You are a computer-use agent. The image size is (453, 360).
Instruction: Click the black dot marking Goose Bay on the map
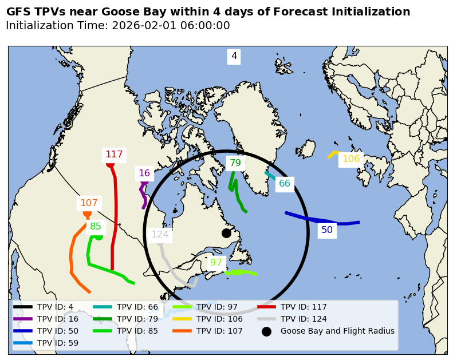point(226,233)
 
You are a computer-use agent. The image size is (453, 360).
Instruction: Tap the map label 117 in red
point(114,155)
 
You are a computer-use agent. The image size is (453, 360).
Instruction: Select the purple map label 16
point(144,173)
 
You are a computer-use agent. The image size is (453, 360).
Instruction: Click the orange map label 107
point(89,203)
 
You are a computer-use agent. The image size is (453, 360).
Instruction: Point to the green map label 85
point(96,227)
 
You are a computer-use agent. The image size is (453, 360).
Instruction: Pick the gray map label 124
point(160,234)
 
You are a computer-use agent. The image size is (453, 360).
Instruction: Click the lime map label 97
point(216,263)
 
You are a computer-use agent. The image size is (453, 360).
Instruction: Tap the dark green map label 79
point(235,163)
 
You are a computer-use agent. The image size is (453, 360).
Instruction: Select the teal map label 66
point(285,184)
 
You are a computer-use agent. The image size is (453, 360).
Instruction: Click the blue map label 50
point(327,230)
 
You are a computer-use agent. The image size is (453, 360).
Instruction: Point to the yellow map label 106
point(351,159)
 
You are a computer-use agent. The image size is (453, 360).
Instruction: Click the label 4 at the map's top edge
point(234,56)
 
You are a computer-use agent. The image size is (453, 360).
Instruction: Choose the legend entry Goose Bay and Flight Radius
point(337,331)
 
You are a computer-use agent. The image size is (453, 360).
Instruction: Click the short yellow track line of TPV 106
point(332,154)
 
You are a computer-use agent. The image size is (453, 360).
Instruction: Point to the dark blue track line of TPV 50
point(321,220)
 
